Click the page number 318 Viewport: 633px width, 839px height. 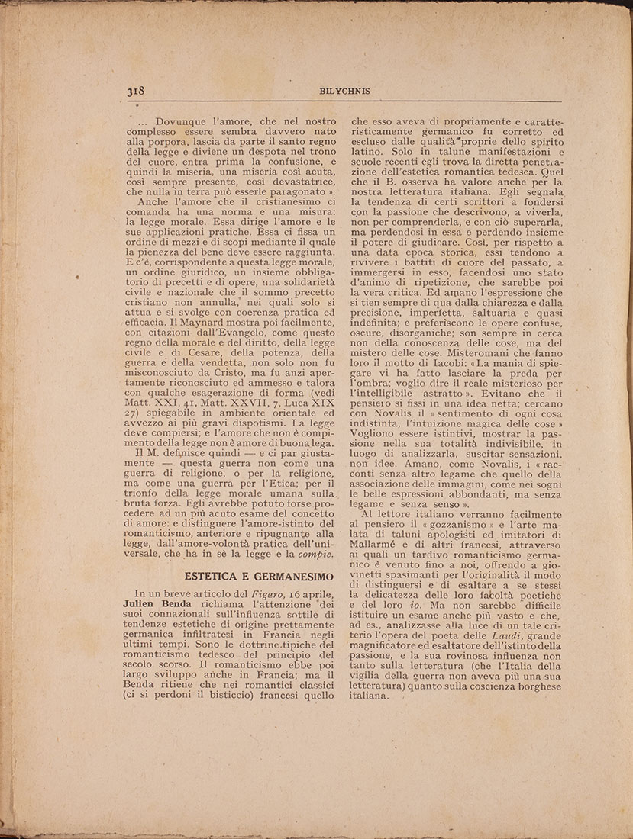[137, 92]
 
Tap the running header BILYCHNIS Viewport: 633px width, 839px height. [345, 92]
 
